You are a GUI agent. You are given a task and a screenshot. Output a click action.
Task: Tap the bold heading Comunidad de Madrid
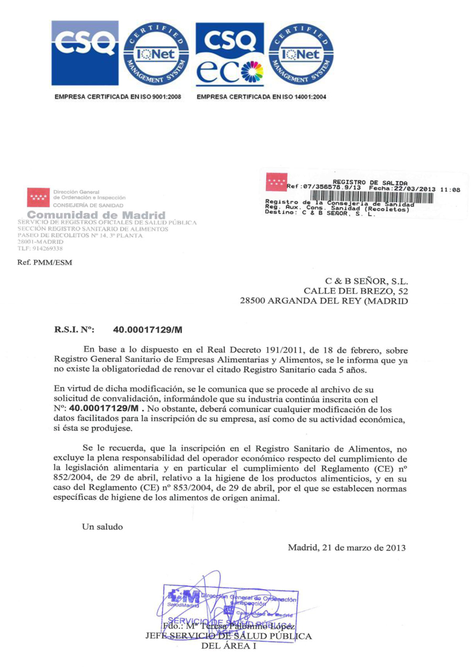(x=96, y=215)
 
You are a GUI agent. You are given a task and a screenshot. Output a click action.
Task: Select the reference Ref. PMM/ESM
(x=45, y=262)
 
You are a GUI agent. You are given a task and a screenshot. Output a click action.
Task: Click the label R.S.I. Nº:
(x=73, y=330)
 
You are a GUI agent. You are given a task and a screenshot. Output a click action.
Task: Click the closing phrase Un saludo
(x=103, y=527)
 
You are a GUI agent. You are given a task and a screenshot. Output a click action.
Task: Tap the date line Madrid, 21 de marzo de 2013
(x=347, y=548)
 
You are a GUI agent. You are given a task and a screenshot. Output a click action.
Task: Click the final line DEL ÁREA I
(x=229, y=646)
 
